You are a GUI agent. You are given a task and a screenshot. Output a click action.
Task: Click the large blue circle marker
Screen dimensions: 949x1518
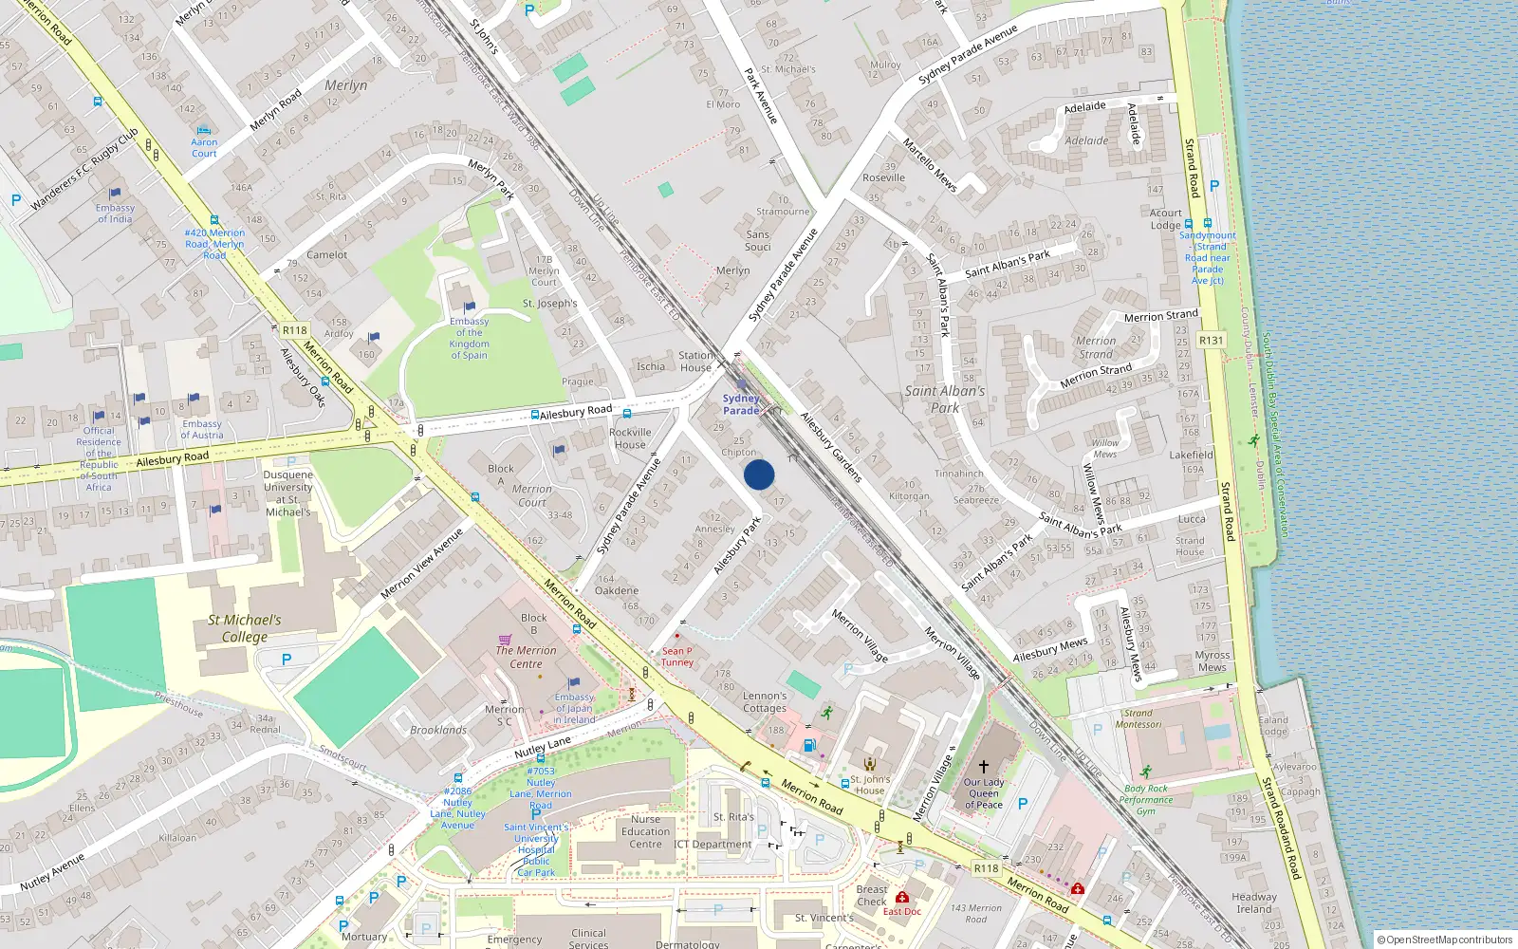759,474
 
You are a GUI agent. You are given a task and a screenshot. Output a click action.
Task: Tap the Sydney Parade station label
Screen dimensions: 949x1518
741,404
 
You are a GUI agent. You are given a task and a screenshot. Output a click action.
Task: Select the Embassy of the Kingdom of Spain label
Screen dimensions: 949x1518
470,338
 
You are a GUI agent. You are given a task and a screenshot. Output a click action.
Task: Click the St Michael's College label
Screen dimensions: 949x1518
245,628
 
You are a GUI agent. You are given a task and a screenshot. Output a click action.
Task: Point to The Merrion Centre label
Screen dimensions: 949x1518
526,657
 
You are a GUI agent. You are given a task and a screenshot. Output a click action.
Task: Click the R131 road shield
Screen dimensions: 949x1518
1211,340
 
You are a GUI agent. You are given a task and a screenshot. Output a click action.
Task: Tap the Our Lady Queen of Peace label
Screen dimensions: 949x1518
984,793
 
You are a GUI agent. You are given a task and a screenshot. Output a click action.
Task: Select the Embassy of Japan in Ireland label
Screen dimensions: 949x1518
574,708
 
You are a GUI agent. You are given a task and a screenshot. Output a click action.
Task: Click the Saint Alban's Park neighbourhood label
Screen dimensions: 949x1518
945,399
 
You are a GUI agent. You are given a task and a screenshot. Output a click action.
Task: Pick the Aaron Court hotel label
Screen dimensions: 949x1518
204,147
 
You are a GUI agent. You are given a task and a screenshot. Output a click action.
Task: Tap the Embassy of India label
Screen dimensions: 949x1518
115,214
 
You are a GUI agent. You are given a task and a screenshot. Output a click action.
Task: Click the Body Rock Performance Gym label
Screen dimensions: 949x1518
1146,799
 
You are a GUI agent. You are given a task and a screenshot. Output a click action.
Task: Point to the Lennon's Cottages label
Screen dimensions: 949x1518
765,701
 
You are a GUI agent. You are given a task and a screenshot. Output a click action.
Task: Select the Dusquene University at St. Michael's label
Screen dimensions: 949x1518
287,493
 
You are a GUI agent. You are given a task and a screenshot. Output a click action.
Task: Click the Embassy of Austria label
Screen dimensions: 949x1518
202,429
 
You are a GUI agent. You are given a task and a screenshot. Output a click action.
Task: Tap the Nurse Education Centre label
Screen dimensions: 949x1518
645,831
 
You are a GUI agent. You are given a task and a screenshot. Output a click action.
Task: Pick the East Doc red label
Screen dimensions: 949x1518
901,911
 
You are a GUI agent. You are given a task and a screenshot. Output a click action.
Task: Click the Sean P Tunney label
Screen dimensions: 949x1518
677,656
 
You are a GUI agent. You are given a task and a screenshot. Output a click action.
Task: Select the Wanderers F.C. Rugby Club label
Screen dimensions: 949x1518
84,168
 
